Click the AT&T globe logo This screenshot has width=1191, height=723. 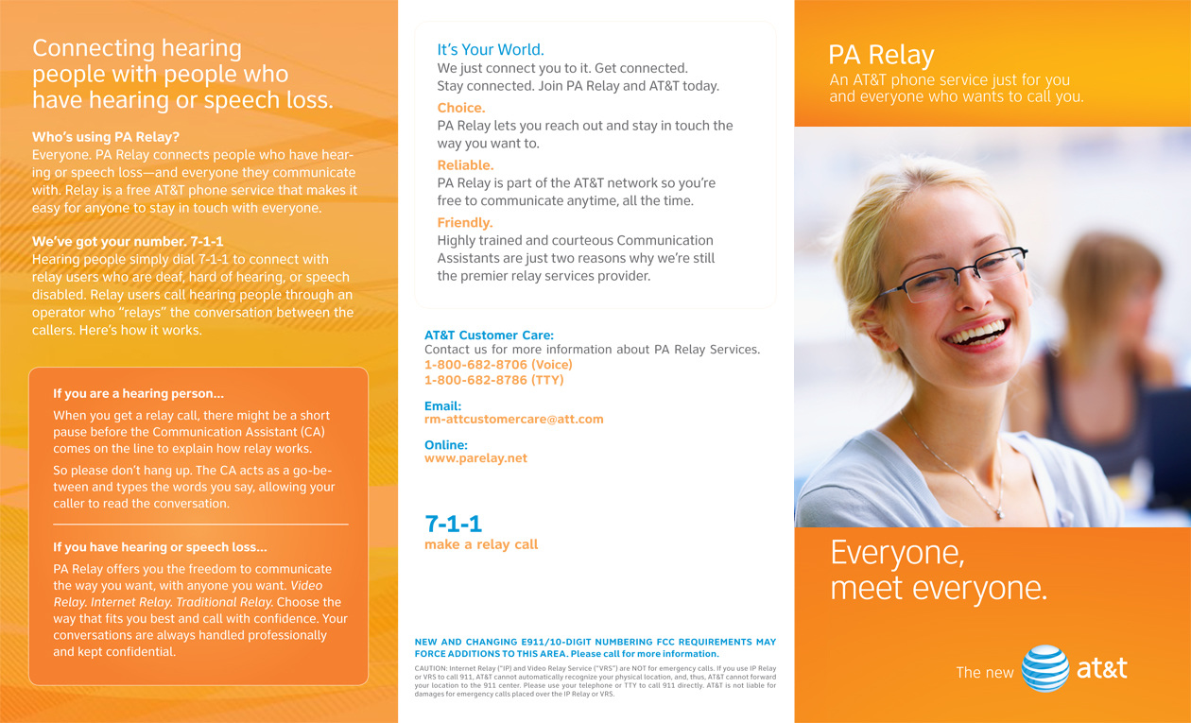1045,668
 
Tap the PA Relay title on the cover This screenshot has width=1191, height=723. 880,55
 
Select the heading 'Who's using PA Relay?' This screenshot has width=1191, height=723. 106,137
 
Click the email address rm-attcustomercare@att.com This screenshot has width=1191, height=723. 513,419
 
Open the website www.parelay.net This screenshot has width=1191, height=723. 475,458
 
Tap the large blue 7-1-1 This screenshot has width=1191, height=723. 453,524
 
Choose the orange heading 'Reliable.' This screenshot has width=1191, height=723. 465,165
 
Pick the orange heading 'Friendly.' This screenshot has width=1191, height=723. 465,223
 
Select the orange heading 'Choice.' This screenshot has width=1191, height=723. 461,108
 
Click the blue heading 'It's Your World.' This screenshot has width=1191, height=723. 491,50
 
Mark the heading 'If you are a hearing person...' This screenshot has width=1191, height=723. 138,394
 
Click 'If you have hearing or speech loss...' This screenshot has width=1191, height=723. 160,547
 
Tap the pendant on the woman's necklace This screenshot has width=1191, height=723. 998,513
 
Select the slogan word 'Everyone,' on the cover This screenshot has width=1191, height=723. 897,552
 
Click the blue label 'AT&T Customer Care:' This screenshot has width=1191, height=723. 489,336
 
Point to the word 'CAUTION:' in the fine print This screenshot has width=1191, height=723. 431,669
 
